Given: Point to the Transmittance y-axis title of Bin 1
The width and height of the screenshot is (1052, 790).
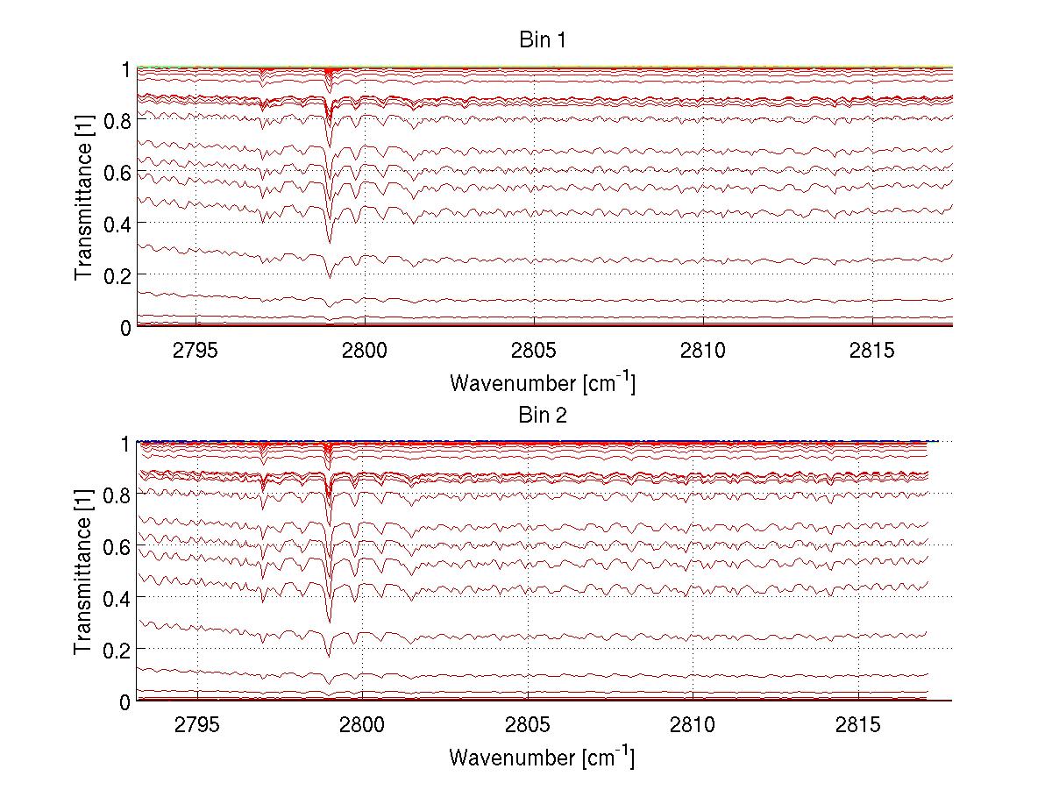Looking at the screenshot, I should click(x=83, y=197).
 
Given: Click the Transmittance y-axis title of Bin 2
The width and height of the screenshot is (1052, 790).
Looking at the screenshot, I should click(x=83, y=572).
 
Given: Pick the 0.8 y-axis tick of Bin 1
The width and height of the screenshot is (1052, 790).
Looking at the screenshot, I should click(x=117, y=121).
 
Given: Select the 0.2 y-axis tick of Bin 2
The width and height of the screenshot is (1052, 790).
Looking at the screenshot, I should click(x=117, y=650).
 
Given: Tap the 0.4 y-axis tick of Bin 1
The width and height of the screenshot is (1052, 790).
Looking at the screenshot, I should click(x=117, y=224).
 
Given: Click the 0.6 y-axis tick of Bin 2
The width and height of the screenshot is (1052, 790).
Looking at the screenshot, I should click(x=117, y=546).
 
